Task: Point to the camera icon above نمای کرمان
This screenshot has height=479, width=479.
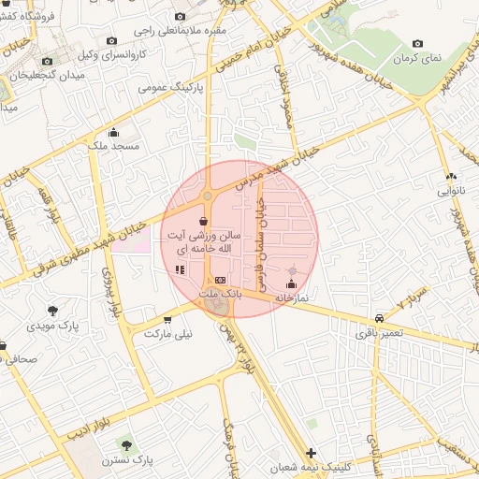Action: coord(417,43)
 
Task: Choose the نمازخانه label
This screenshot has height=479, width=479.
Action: coord(291,297)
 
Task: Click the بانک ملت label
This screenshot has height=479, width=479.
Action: coord(221,293)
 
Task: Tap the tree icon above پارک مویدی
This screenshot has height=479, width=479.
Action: coord(51,310)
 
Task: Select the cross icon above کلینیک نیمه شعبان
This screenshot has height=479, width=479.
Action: coord(311,453)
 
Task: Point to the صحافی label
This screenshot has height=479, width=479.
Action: coord(37,358)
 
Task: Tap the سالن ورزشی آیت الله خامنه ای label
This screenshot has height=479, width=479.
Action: coord(204,245)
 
